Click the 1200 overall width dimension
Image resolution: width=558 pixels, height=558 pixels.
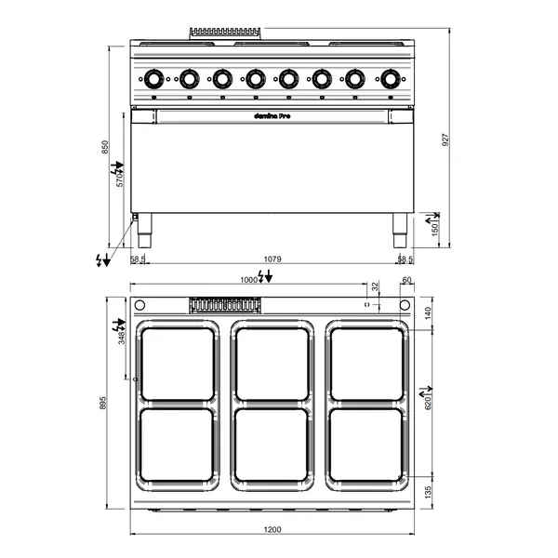point(272,529)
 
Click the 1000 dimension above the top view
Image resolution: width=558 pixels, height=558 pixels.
point(249,279)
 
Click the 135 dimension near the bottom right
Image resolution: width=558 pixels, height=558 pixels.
point(429,491)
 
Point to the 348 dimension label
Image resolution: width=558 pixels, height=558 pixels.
point(121,337)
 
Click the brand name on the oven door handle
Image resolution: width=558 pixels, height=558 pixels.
point(271,117)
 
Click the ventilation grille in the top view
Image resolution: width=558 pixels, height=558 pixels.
point(223,304)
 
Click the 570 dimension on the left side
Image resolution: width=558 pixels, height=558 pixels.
point(120,179)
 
